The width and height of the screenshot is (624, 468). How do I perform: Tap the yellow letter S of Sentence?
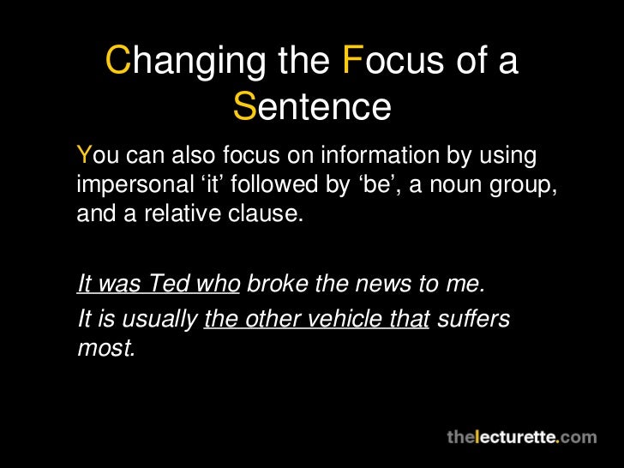244,107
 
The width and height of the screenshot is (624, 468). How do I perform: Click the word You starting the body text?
97,156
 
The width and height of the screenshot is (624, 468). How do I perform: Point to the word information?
375,156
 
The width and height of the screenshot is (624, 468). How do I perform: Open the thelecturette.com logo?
521,437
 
